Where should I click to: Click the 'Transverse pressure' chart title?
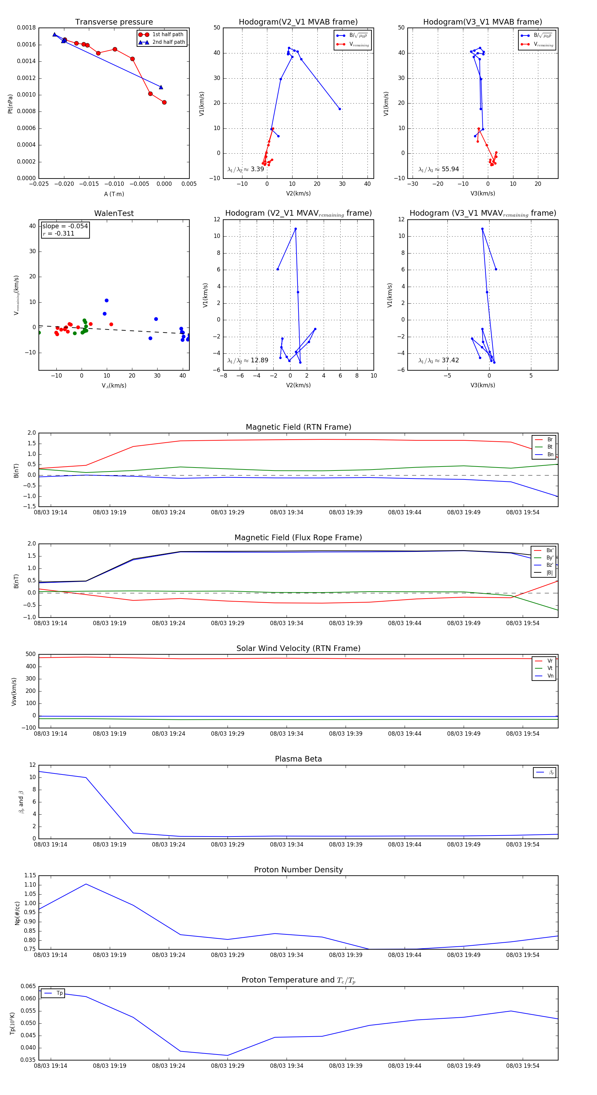tap(114, 22)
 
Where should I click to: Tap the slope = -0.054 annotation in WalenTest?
tap(65, 226)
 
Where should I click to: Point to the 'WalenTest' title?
tap(114, 213)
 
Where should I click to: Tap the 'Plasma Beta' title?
tap(298, 759)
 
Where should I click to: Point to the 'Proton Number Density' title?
tap(298, 870)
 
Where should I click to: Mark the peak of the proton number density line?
tap(86, 884)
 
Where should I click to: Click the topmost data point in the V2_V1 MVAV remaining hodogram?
tap(296, 229)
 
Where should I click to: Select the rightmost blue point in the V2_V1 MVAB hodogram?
tap(340, 109)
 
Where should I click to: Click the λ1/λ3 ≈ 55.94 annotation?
tap(438, 169)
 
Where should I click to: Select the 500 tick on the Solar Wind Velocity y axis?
tap(31, 654)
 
